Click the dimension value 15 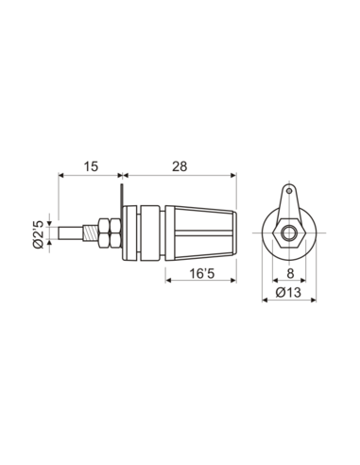91,166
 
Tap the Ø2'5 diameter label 38,233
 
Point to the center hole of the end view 287,232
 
